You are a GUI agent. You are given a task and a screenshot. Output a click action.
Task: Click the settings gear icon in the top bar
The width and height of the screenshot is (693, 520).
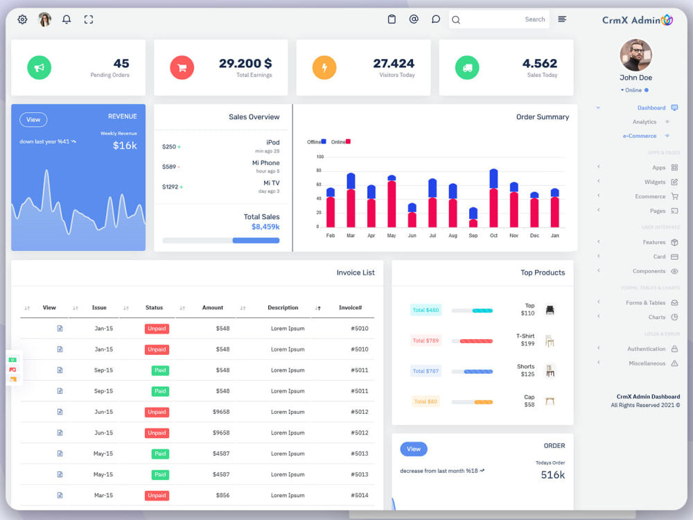coord(22,19)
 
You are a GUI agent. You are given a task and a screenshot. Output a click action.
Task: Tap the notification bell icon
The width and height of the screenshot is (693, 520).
coord(67,19)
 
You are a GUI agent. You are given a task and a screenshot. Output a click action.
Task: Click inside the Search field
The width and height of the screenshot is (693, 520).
coord(499,19)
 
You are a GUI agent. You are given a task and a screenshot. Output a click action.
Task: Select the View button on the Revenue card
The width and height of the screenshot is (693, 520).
coord(33,119)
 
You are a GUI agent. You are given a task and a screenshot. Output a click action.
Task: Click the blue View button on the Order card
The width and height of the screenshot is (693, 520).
coord(414,449)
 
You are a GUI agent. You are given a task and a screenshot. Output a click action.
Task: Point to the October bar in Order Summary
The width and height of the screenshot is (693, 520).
coord(493,198)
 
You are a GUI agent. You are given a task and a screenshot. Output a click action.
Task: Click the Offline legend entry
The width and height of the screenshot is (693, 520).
coord(317,141)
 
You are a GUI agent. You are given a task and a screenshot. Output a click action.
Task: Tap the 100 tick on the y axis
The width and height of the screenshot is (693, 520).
coord(319,157)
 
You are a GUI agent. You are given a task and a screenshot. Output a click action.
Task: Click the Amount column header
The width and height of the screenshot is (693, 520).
coord(213,308)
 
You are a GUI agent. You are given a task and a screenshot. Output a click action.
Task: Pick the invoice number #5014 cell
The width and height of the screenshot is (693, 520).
coord(360,495)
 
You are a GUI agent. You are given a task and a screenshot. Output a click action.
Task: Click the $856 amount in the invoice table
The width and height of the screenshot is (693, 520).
coord(222,495)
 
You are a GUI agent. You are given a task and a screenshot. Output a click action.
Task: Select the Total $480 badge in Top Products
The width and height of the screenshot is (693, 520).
coord(426,310)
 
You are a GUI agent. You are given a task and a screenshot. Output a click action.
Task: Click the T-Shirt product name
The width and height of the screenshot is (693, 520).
coord(525,336)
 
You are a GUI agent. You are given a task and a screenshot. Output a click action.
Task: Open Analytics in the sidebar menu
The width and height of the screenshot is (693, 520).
coord(644,122)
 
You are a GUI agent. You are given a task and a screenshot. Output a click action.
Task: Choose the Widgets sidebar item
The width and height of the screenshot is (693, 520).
coord(655,182)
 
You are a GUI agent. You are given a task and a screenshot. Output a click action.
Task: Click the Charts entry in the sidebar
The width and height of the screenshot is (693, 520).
coord(657,317)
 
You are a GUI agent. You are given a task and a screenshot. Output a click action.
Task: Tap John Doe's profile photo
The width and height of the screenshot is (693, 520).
coord(635,55)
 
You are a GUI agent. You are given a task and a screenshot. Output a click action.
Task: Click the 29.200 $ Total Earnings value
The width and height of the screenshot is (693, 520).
coord(245,64)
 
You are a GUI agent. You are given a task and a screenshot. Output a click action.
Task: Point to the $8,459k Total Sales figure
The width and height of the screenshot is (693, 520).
coord(265,227)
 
